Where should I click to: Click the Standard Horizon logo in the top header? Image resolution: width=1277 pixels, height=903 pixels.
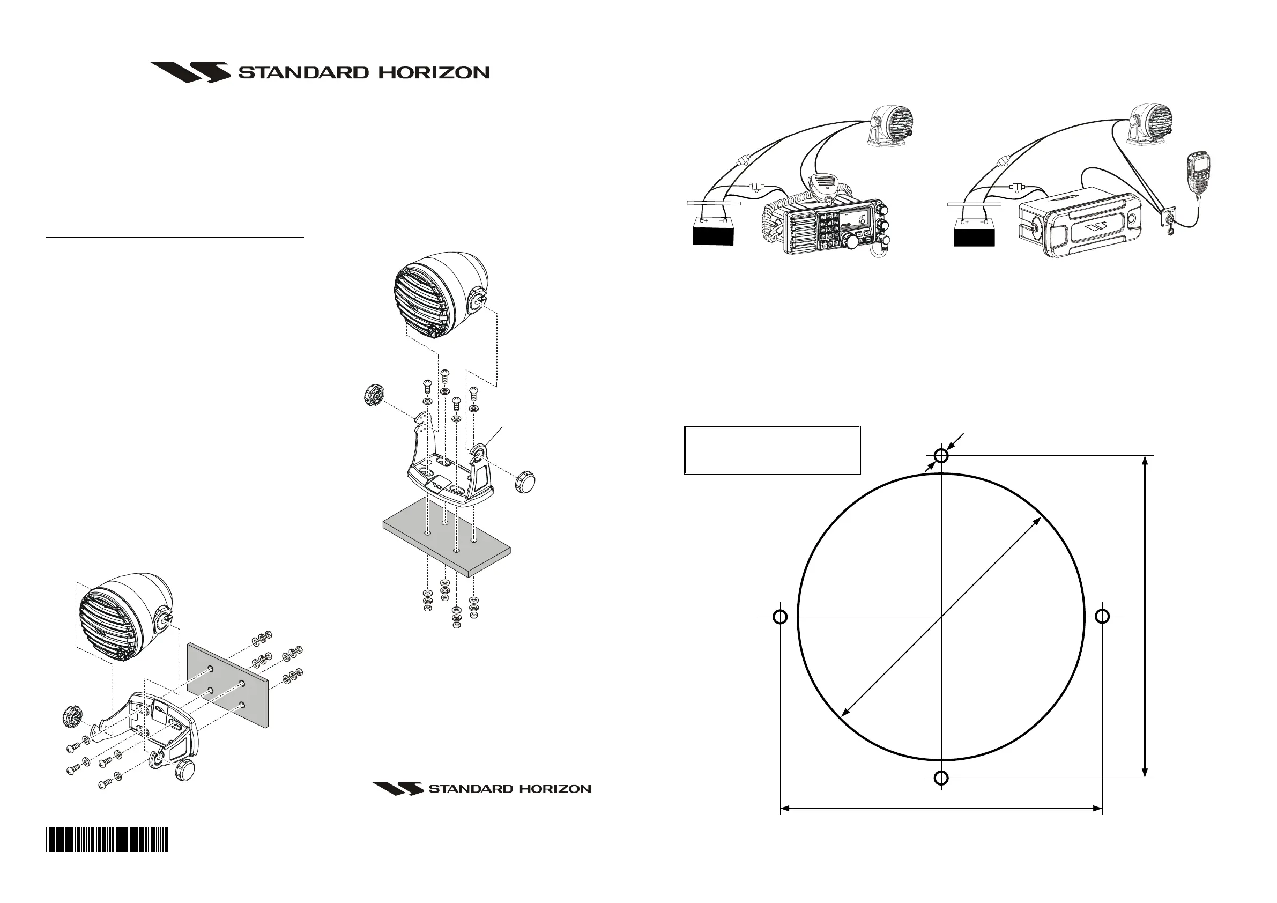click(x=320, y=72)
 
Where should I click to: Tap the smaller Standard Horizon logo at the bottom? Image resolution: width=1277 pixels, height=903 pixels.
click(x=481, y=788)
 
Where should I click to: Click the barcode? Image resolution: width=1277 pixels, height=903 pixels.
click(x=107, y=839)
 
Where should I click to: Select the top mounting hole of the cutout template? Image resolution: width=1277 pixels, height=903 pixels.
click(x=941, y=456)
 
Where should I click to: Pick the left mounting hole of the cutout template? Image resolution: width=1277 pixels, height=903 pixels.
click(x=781, y=617)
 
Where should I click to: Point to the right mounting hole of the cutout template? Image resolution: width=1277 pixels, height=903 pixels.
click(x=1102, y=617)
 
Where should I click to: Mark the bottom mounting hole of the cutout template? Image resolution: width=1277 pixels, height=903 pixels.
click(x=941, y=778)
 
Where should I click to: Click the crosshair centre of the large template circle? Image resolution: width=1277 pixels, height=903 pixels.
click(x=941, y=617)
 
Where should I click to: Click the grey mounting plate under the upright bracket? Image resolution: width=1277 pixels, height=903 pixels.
click(x=447, y=537)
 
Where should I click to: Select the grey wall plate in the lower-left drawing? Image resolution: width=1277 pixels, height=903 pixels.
click(x=228, y=685)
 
